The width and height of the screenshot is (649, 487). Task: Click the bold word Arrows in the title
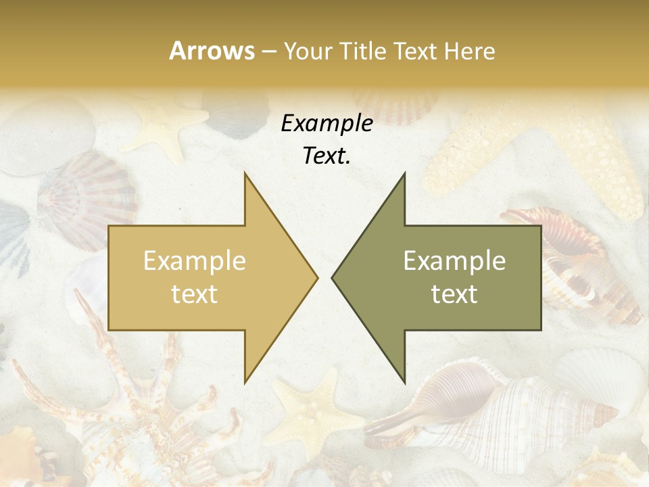click(212, 51)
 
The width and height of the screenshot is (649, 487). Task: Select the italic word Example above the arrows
click(327, 124)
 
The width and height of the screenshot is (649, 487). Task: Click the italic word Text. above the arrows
click(327, 156)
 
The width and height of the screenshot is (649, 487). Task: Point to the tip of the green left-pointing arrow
click(333, 277)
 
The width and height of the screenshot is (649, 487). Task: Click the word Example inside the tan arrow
click(194, 261)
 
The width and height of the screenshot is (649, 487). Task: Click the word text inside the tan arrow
click(194, 294)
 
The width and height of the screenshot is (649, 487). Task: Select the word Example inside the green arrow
click(454, 261)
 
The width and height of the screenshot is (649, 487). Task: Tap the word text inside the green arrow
click(454, 294)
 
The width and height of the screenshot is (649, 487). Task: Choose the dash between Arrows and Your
click(268, 51)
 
